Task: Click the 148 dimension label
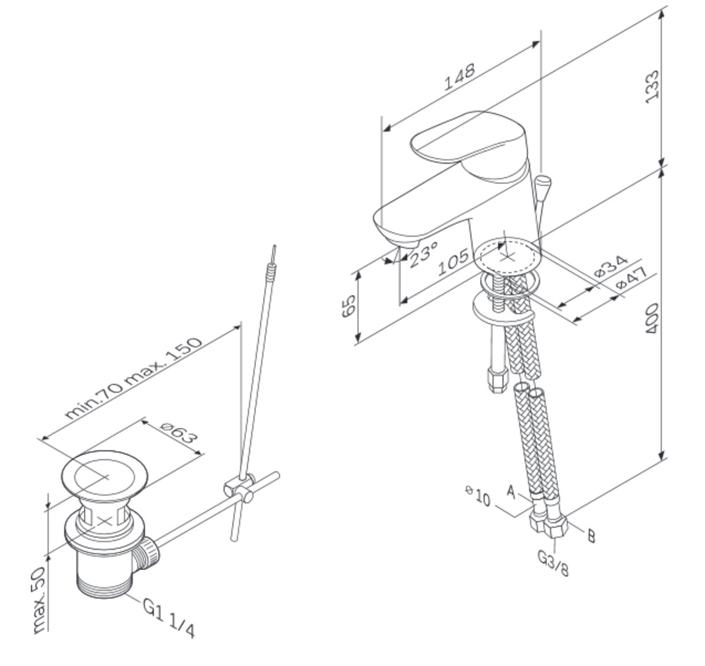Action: click(459, 77)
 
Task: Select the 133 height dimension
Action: click(652, 87)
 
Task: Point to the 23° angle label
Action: click(423, 254)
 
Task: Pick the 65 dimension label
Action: click(349, 306)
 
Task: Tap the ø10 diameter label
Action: click(478, 495)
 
